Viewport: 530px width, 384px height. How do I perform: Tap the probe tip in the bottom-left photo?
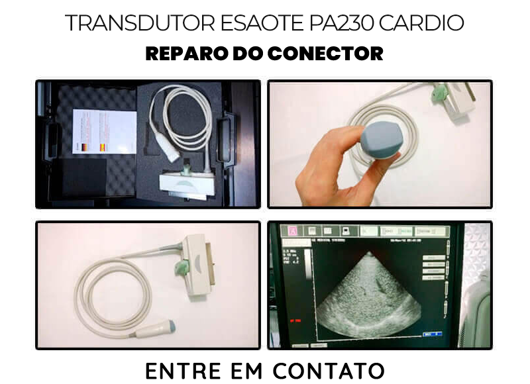click(x=169, y=327)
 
